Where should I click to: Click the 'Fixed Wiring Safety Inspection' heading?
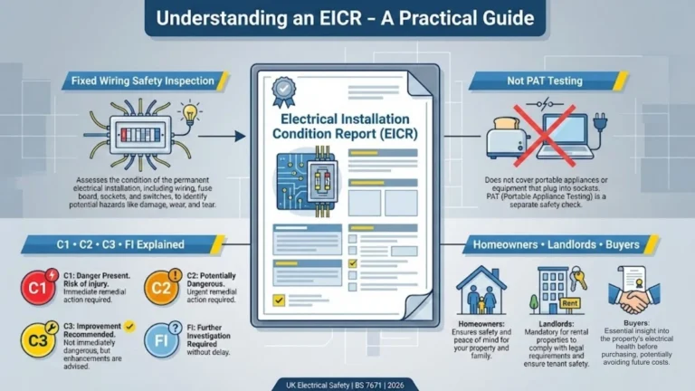pos(142,81)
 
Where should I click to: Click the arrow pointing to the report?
pos(233,137)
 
